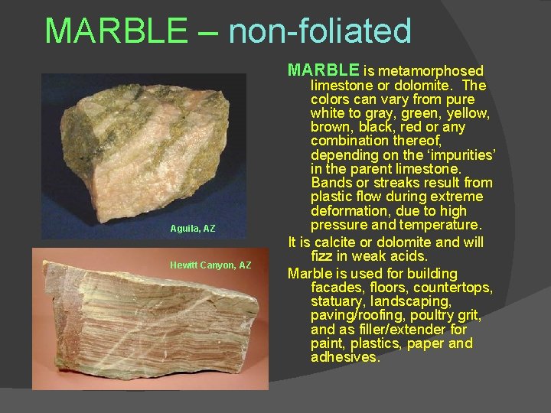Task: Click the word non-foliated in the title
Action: [x=320, y=31]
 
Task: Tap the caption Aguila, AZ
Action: [x=193, y=229]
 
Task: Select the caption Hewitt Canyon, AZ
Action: [x=210, y=265]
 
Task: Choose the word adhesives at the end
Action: [x=345, y=357]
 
